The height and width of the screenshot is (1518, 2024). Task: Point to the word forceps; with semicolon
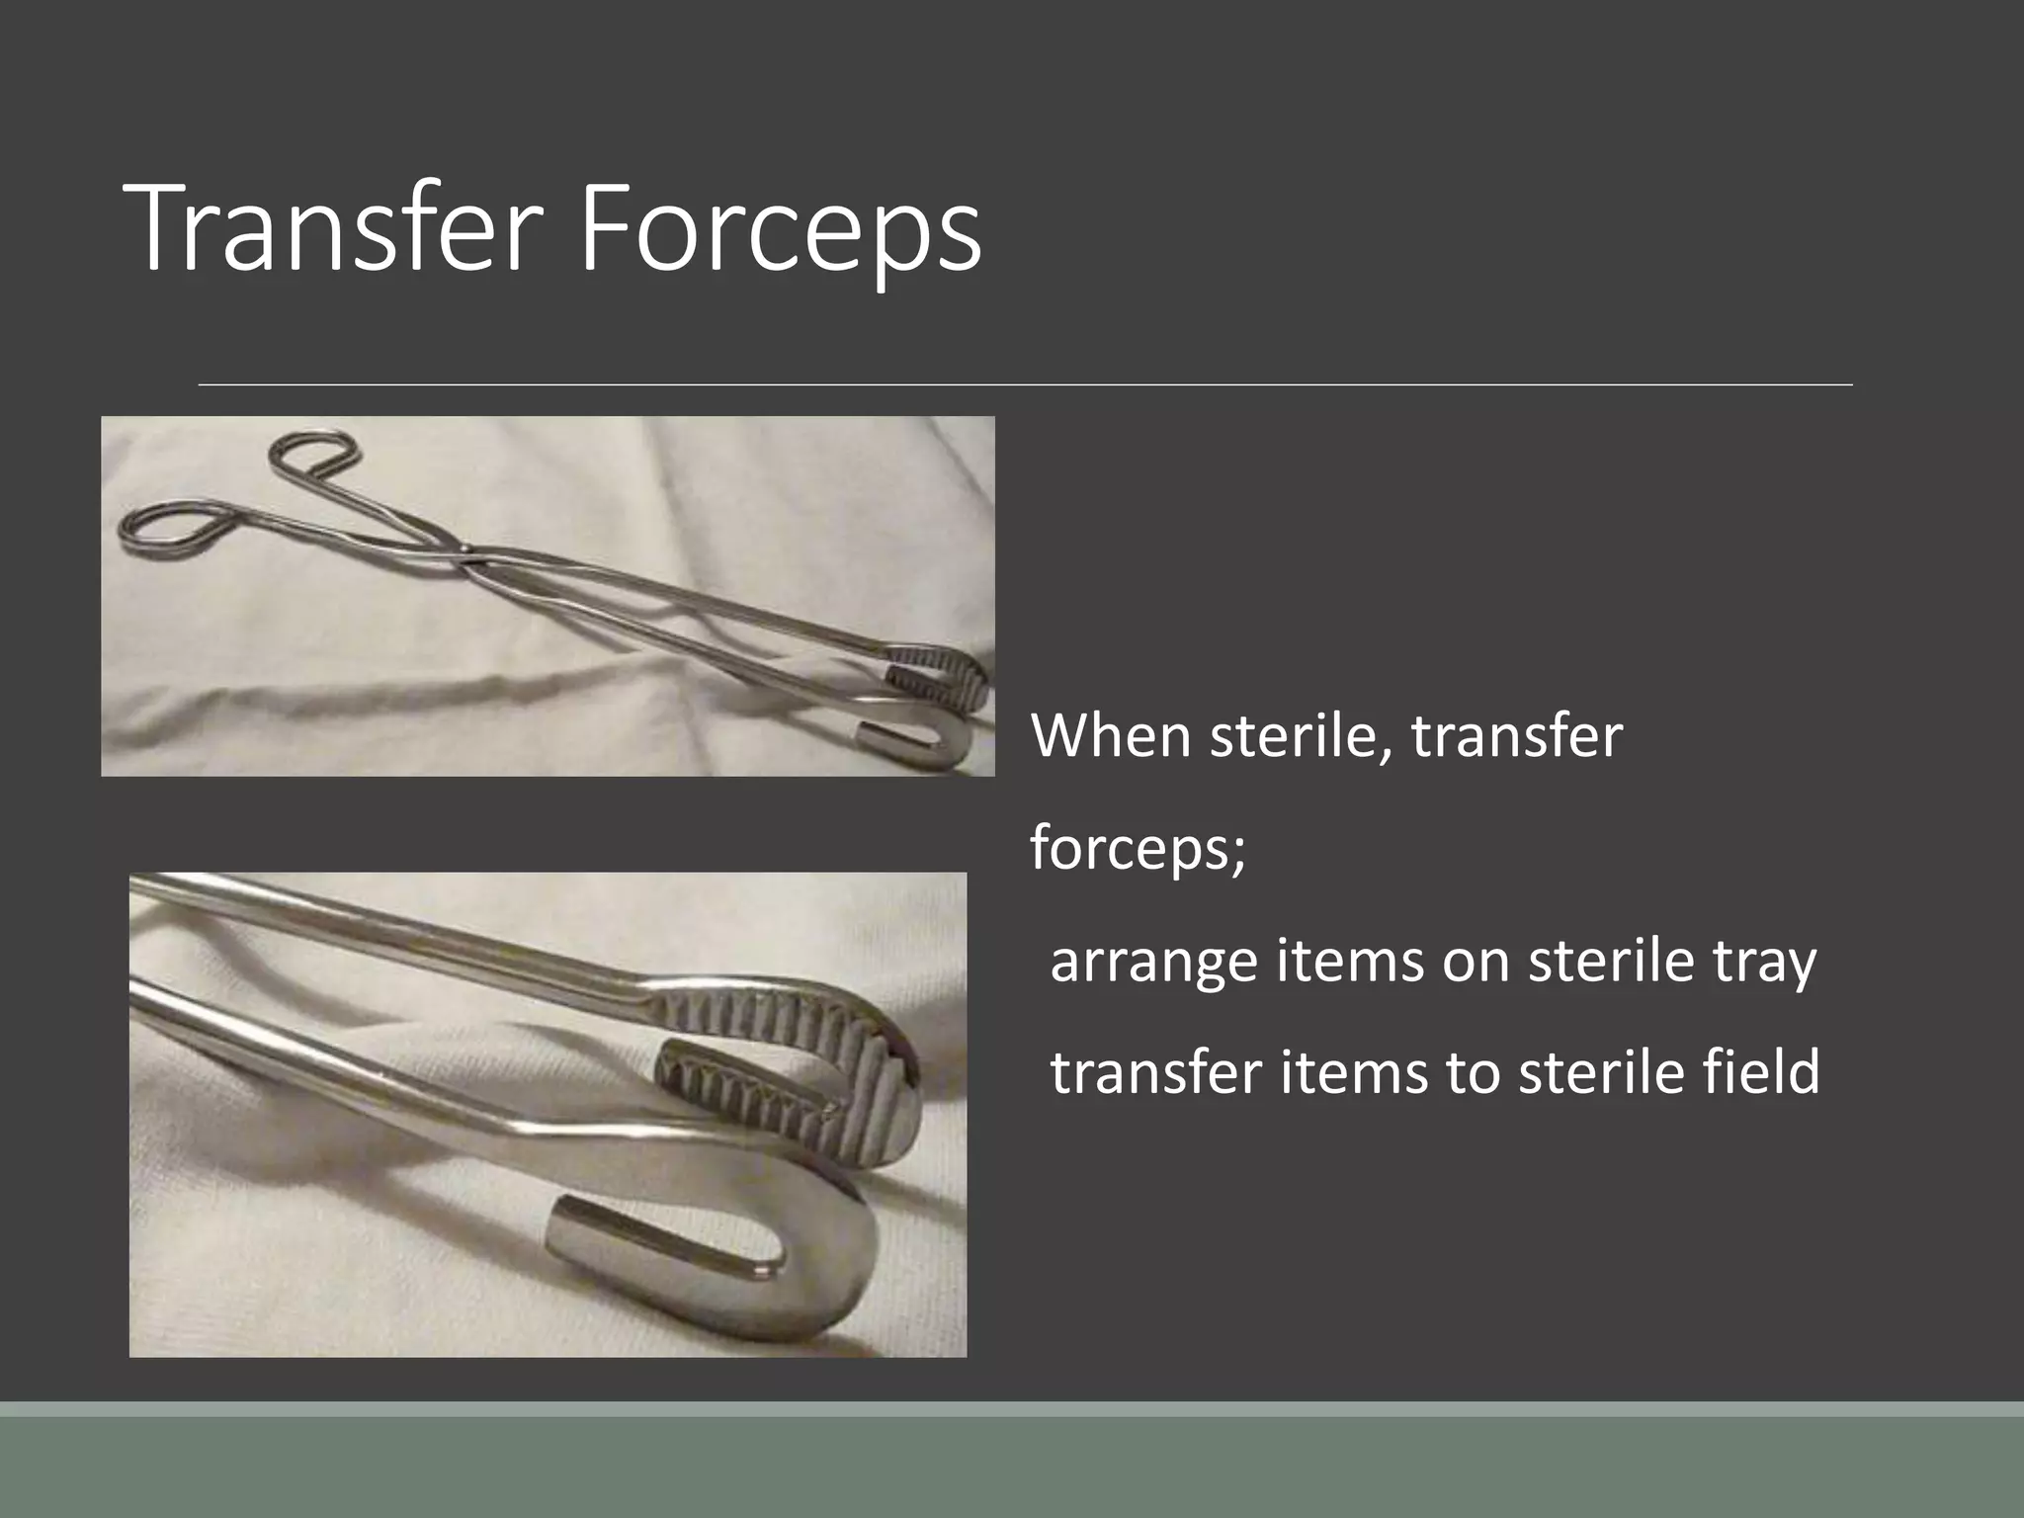(x=1138, y=848)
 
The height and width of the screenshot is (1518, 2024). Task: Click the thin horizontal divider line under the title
(x=1025, y=384)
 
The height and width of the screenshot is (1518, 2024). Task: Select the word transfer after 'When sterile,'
(x=1516, y=736)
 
